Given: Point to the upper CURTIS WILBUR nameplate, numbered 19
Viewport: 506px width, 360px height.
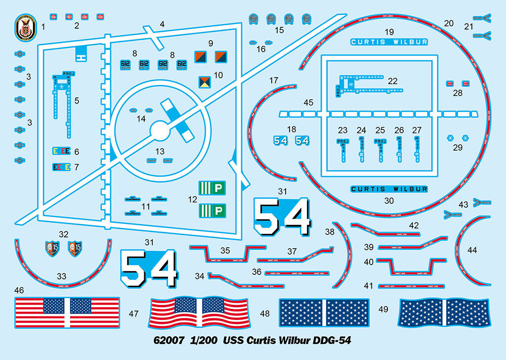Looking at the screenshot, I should [x=389, y=42].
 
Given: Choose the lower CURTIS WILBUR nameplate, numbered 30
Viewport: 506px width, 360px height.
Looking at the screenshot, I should [x=389, y=189].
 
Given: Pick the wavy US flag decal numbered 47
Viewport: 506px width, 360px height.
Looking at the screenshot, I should [x=199, y=313].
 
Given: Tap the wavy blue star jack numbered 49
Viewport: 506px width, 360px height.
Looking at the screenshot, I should [x=444, y=313].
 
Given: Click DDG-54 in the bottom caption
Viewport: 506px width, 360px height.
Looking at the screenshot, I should [x=333, y=341].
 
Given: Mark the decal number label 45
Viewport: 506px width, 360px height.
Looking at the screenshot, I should [x=308, y=102].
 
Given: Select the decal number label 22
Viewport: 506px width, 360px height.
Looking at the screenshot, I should [x=392, y=80].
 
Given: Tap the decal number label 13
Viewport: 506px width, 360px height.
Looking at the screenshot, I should [x=160, y=152].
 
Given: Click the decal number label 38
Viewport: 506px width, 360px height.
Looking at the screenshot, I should [x=330, y=231].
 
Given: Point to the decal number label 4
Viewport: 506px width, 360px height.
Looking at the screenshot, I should [x=162, y=24].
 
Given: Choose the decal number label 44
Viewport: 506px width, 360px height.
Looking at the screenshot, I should [x=472, y=250].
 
